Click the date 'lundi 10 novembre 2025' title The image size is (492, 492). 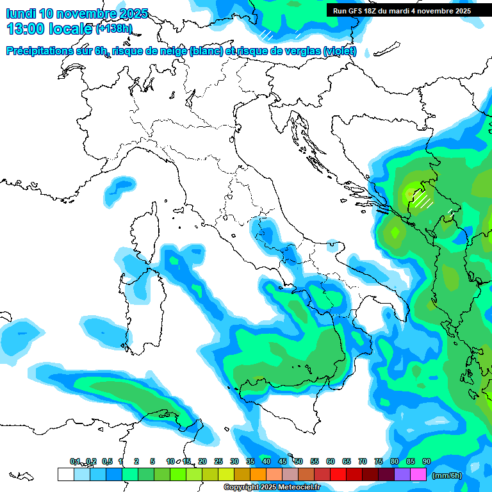click(x=77, y=13)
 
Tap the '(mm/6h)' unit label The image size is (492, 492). click(x=447, y=475)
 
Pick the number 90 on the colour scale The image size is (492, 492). click(x=427, y=461)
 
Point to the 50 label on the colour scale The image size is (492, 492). click(x=299, y=461)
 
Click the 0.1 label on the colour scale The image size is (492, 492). click(x=75, y=461)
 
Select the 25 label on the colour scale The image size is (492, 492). click(x=218, y=461)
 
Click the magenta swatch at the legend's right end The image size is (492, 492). click(x=418, y=474)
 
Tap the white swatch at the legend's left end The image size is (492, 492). click(x=65, y=474)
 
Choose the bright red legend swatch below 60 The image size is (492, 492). click(x=338, y=474)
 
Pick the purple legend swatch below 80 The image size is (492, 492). click(x=402, y=474)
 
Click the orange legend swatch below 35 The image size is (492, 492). click(x=258, y=474)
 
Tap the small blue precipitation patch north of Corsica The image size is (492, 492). click(x=121, y=186)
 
